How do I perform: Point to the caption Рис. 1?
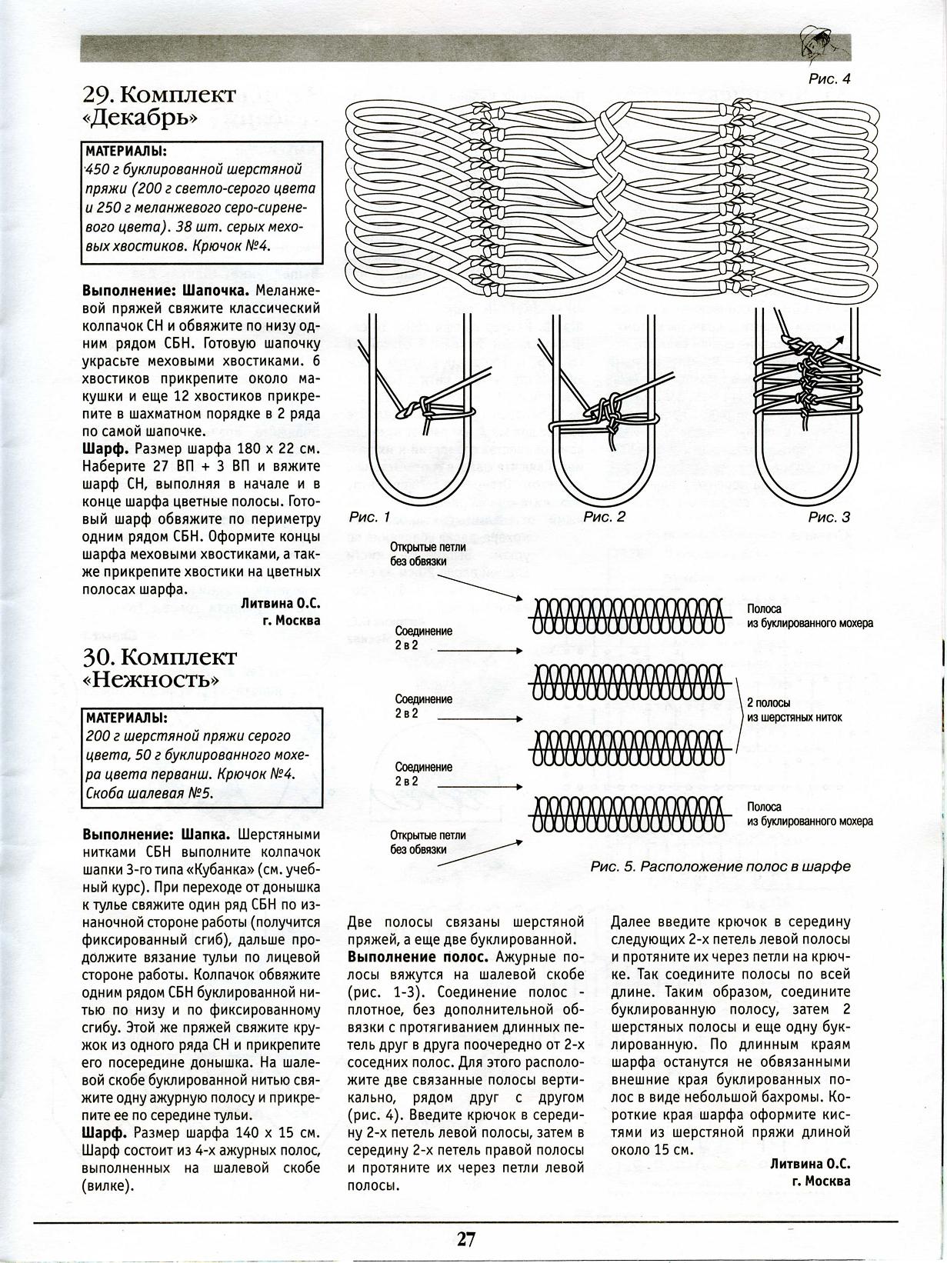point(370,518)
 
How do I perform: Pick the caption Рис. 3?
point(829,518)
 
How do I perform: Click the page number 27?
point(466,1240)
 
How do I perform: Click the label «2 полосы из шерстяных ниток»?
point(794,710)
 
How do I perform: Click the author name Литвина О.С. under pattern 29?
point(280,604)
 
